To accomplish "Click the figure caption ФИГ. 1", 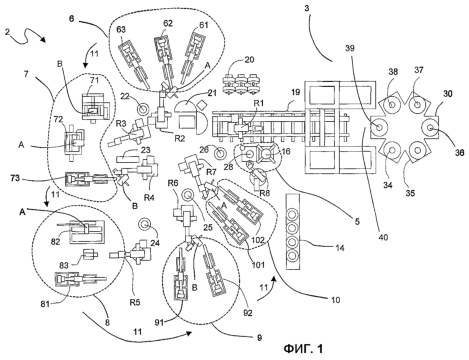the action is (303, 349).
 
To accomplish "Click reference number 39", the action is (350, 48).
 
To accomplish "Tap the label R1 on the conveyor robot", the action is (259, 103).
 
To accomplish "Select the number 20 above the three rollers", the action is (249, 60).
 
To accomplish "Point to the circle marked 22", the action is (144, 108).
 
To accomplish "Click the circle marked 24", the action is (145, 224).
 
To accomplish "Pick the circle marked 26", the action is (220, 154).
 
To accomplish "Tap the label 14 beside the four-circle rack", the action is (340, 248).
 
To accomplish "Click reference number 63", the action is (121, 30).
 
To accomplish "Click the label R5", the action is (135, 302).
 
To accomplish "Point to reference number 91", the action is (159, 322).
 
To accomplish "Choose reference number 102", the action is (258, 240).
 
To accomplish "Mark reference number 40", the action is (383, 237).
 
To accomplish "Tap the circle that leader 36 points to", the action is (430, 127).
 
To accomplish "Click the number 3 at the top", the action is (307, 9).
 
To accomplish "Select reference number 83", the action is (64, 265).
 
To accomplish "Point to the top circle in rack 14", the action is (292, 213).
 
